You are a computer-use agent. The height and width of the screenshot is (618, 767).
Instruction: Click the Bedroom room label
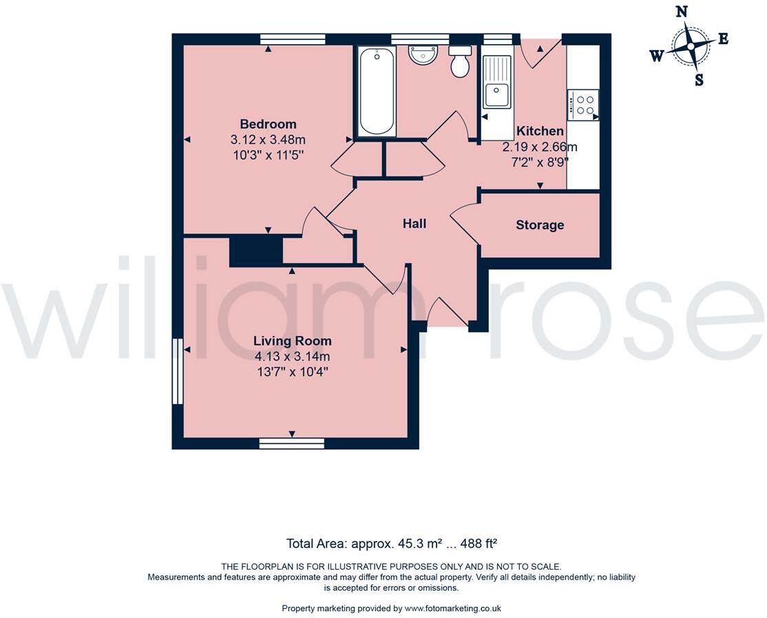pos(268,124)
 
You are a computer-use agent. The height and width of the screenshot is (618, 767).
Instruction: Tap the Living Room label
pos(292,341)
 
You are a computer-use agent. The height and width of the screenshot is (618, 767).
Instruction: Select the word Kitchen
pos(540,131)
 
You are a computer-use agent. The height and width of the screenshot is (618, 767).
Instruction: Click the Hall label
pos(414,223)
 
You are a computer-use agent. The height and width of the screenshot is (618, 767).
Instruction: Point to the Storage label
pos(540,225)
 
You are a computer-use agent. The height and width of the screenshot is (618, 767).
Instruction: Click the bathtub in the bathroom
pos(377,91)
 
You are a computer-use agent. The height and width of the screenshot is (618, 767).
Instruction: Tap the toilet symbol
pos(460,62)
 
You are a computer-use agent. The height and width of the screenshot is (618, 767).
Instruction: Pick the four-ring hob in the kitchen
pos(582,105)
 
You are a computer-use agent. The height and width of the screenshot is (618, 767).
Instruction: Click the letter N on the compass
pos(682,11)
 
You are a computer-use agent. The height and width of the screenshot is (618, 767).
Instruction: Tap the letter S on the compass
pos(699,80)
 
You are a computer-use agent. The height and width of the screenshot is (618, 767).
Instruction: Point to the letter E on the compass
pos(723,39)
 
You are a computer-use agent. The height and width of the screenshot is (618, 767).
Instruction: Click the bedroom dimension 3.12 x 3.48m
pos(268,140)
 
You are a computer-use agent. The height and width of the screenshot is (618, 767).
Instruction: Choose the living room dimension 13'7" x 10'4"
pos(292,372)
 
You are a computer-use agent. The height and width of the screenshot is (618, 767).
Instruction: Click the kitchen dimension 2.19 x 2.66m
pos(540,147)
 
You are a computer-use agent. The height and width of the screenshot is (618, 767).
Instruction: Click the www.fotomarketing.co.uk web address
pos(452,608)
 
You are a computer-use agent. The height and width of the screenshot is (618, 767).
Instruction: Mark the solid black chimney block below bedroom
pos(256,251)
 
